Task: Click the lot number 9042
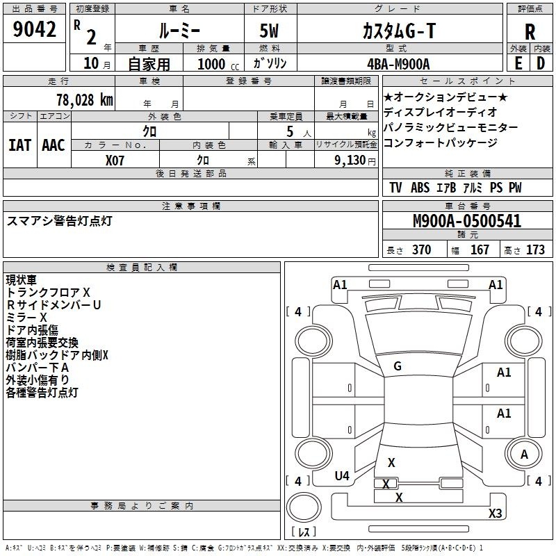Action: coord(34,29)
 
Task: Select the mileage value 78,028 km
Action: coord(85,100)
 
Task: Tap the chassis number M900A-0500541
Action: coord(467,221)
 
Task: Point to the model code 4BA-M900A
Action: coord(398,64)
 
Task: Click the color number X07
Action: coord(115,161)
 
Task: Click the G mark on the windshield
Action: coord(398,366)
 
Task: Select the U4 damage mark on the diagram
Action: coord(342,475)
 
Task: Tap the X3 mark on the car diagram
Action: coord(495,513)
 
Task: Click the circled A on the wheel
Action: coord(524,454)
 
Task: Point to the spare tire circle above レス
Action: coord(304,507)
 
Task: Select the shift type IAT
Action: coord(20,145)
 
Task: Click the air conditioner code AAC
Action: coord(54,145)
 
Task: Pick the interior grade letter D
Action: coord(541,63)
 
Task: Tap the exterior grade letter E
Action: coord(518,63)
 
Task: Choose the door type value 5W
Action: coord(269,31)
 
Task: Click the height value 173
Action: coord(535,250)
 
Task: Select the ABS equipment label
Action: coord(420,188)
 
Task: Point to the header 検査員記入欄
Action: coord(142,268)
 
